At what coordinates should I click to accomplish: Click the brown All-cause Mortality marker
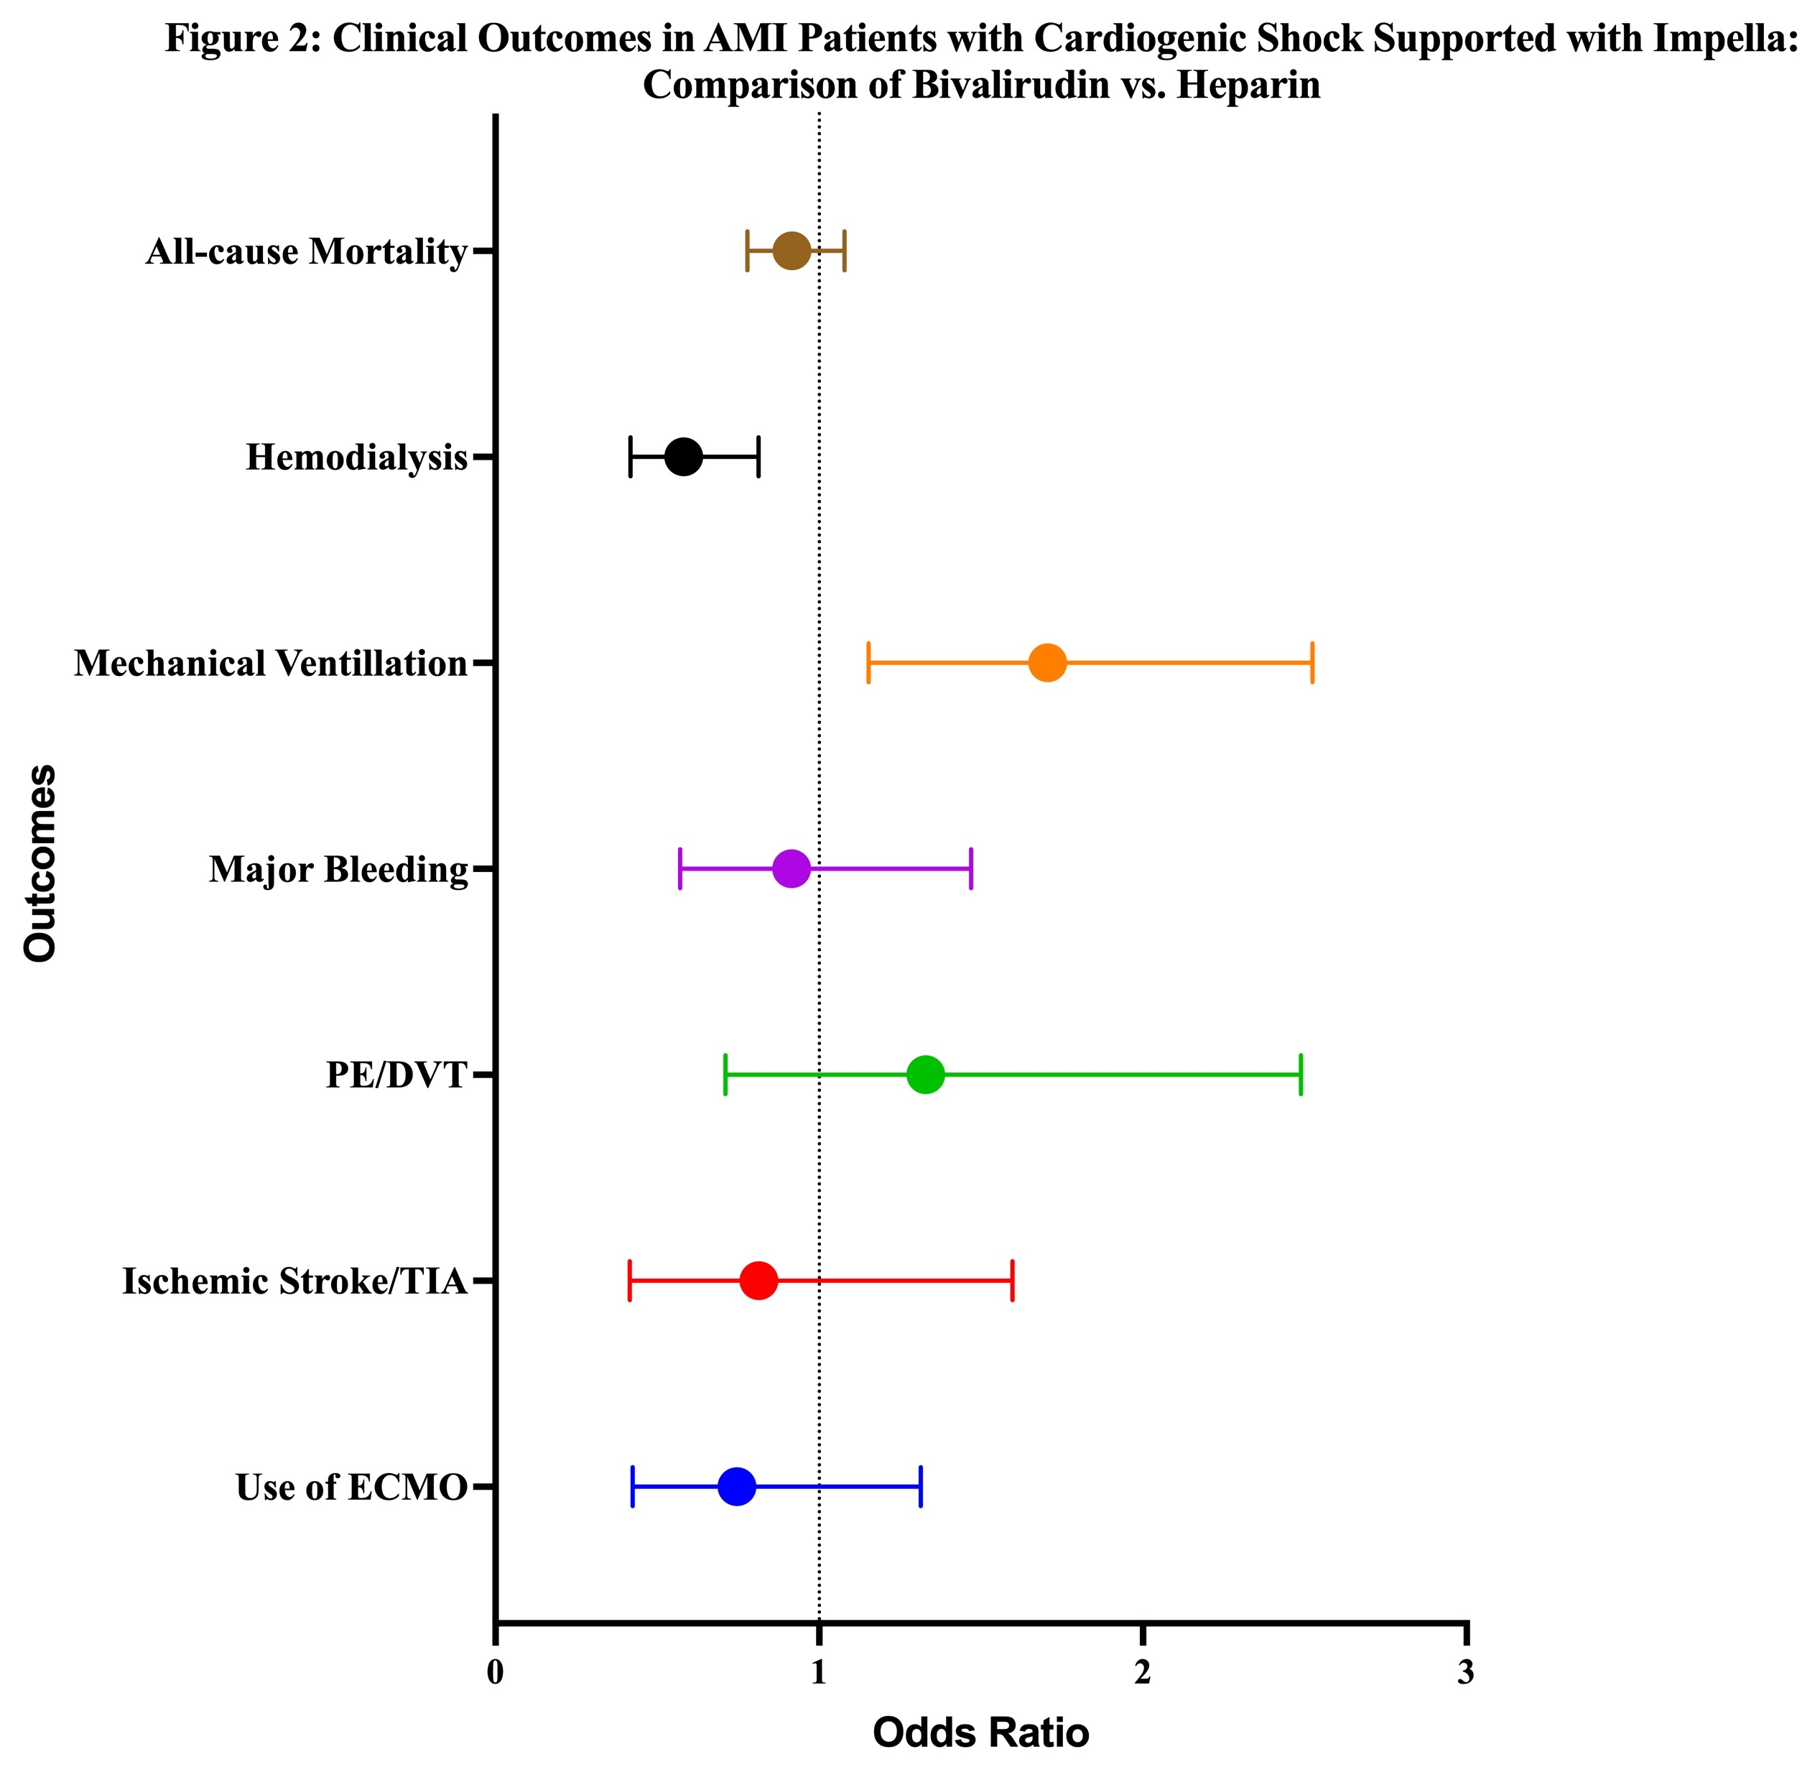point(791,251)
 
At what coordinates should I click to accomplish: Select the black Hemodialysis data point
point(683,457)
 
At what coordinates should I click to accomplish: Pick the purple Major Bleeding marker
point(791,869)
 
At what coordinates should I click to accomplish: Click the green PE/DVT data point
point(925,1075)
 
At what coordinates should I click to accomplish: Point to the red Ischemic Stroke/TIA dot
point(758,1281)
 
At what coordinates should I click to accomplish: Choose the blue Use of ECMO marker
point(736,1486)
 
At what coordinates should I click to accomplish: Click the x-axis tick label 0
point(495,1672)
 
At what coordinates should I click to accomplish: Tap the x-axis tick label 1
point(819,1672)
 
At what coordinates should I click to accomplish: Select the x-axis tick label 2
point(1142,1672)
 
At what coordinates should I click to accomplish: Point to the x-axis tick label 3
point(1465,1672)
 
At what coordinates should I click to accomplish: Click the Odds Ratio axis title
point(980,1733)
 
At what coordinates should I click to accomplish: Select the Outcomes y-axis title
point(41,863)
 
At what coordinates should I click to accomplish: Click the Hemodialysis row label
point(356,458)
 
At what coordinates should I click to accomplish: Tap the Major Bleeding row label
point(338,870)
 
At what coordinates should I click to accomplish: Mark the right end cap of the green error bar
point(1300,1075)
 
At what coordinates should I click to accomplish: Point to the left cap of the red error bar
point(630,1281)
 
